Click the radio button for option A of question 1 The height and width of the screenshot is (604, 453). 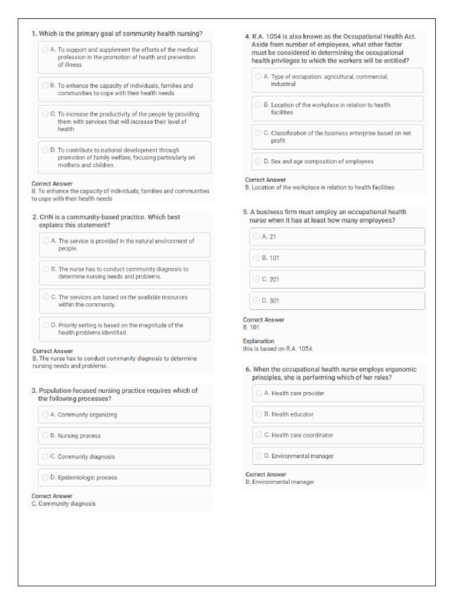[45, 50]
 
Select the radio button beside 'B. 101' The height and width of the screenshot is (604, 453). [257, 258]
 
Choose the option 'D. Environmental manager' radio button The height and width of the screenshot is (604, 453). [260, 456]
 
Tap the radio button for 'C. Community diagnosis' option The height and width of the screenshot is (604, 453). [45, 457]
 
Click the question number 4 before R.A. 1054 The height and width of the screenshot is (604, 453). [247, 37]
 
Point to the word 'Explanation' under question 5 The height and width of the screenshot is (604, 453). [258, 341]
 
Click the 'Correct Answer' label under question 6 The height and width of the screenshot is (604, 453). [265, 474]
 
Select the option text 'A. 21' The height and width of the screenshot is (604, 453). [269, 237]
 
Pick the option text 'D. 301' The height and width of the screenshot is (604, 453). [271, 301]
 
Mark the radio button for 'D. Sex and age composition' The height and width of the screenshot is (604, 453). [259, 161]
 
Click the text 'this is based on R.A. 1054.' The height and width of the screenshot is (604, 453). [278, 349]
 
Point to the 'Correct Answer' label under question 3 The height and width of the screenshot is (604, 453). [52, 496]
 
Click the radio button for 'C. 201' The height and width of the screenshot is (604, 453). [257, 279]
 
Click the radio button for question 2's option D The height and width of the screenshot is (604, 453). [46, 325]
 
